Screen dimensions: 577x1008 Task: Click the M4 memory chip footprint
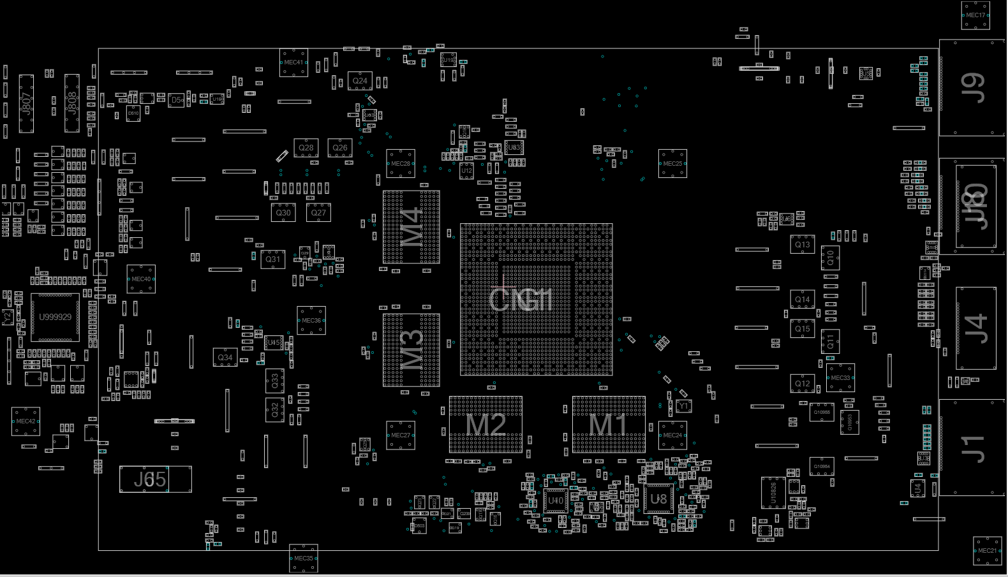411,227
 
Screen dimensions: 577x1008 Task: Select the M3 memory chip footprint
411,350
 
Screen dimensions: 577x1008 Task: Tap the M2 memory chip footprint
485,425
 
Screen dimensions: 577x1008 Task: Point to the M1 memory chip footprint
609,425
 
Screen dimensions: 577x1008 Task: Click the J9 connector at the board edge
972,88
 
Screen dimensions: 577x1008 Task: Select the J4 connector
975,328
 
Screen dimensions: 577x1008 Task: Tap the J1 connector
972,448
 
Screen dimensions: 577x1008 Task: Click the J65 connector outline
155,479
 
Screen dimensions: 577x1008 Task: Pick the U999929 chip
56,317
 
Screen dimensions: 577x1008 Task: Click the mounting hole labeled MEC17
975,15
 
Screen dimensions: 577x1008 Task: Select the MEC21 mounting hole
987,551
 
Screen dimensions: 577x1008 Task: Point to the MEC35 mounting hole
303,559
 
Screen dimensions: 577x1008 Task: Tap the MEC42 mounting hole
26,421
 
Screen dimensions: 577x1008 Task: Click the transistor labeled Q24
360,81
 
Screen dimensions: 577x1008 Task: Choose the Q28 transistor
306,148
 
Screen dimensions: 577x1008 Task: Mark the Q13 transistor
802,245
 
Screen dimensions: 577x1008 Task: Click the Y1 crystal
683,406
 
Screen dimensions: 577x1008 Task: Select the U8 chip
658,499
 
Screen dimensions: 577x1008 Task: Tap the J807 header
26,103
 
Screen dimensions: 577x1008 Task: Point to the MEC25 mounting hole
672,164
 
